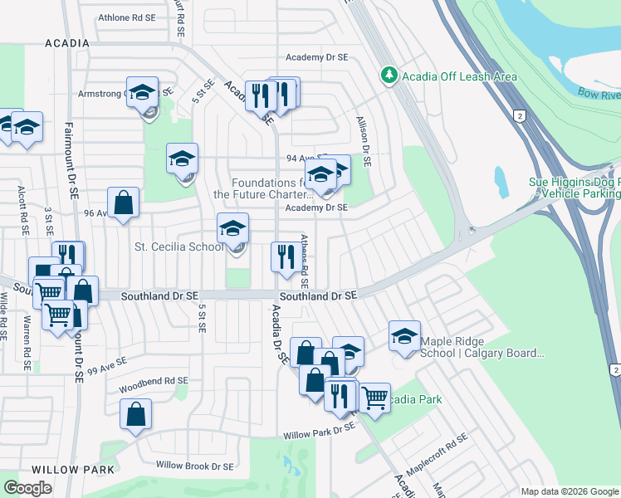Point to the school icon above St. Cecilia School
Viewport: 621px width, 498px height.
pos(233,228)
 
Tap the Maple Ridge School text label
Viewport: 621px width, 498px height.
pos(482,347)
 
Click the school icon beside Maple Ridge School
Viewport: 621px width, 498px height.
pos(404,336)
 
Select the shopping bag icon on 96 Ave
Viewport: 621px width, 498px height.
pos(123,202)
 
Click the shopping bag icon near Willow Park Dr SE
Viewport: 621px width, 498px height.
pos(135,414)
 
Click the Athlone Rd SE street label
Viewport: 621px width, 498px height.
pos(126,17)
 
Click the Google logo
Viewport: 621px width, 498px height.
pos(28,488)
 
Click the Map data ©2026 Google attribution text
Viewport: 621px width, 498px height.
pos(570,491)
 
